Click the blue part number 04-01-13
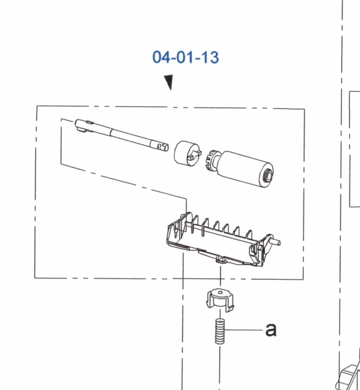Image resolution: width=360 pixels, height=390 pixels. click(x=186, y=57)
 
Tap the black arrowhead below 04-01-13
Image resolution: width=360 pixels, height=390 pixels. click(x=169, y=82)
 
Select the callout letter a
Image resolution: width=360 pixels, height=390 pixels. click(x=271, y=330)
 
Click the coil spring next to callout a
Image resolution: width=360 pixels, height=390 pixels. click(x=220, y=332)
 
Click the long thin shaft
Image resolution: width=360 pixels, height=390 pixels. click(x=122, y=135)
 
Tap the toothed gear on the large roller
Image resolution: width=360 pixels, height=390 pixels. click(x=212, y=160)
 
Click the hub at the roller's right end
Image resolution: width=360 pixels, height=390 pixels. click(x=268, y=173)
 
